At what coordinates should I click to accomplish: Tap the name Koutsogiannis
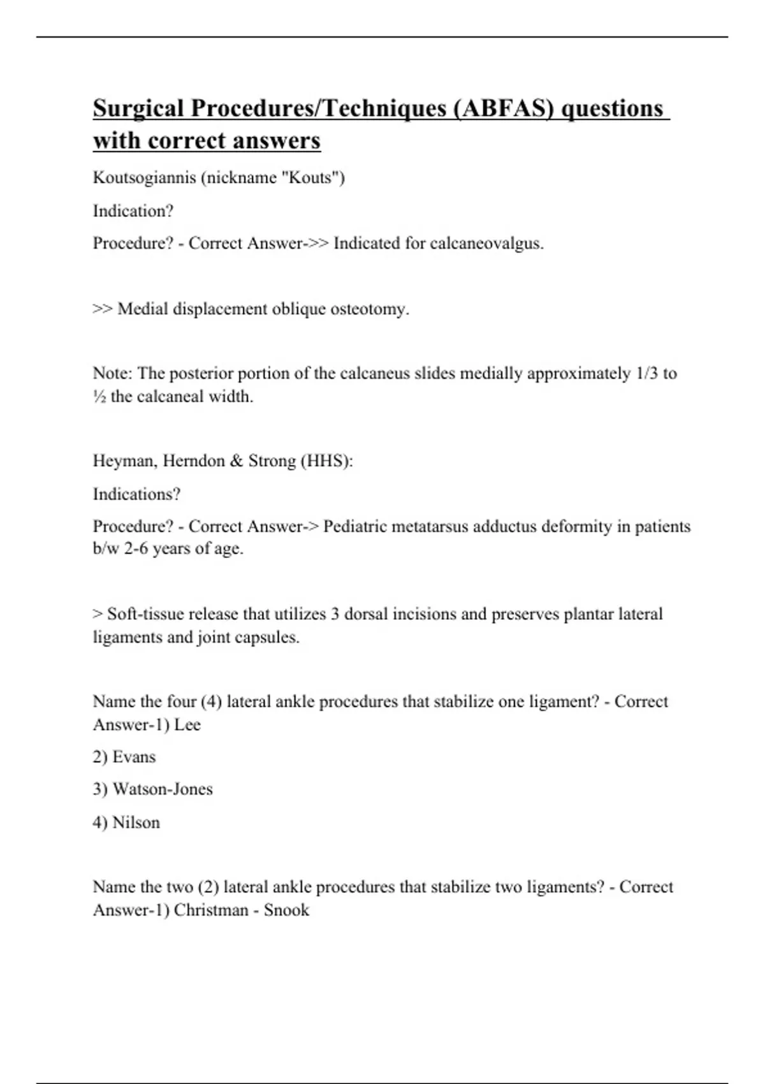(144, 177)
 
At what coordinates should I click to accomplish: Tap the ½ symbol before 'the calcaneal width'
(99, 397)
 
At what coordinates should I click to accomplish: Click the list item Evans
(134, 757)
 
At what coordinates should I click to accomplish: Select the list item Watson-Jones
(163, 789)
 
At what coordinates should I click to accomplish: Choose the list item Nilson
(136, 823)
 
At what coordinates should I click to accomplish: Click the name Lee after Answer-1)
(187, 725)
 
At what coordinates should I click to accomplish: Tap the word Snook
(286, 910)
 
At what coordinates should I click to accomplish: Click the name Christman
(211, 910)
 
